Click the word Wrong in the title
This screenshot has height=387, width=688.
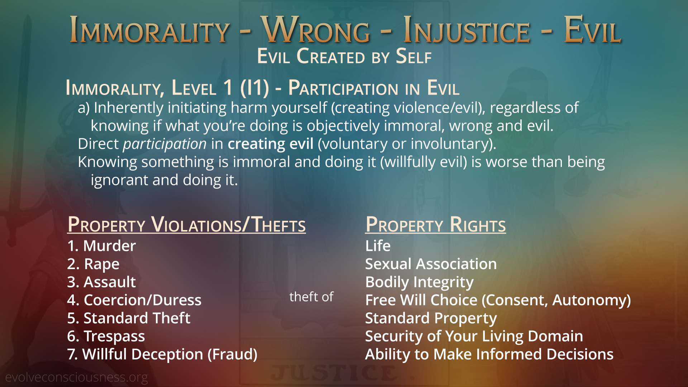point(316,30)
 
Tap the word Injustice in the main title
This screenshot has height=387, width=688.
point(466,30)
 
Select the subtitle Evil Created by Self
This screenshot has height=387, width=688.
point(344,56)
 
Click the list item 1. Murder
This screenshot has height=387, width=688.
point(101,246)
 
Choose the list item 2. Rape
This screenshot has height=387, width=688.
point(93,264)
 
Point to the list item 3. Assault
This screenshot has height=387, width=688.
point(101,282)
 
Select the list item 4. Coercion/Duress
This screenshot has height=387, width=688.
point(134,300)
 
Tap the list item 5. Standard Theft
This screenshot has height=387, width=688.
point(129,318)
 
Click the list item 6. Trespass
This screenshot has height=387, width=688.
point(106,336)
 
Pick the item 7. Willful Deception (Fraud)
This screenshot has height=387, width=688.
point(162,354)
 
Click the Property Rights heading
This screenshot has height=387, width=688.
point(435,225)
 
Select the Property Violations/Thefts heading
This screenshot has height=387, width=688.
point(186,225)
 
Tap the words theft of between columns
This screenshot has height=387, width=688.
point(311,297)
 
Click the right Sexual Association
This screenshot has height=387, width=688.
point(431,264)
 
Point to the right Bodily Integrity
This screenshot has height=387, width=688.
point(419,282)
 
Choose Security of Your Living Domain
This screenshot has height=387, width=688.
point(474,336)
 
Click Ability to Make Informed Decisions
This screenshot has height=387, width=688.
point(489,354)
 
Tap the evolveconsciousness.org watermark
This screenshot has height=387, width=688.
point(76,377)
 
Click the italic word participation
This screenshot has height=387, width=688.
point(165,144)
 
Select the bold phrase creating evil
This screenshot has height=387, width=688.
point(271,144)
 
